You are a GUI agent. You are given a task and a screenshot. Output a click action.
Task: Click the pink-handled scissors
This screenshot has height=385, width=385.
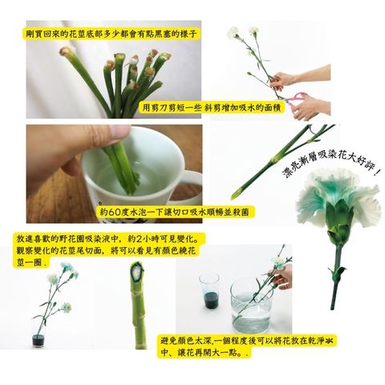296,101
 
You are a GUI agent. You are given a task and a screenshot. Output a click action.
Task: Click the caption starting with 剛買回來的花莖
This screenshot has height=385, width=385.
110,34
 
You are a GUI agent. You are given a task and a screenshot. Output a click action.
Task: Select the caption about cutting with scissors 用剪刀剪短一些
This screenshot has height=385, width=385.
211,107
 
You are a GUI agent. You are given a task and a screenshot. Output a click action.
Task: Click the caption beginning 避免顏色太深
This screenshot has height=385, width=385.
246,346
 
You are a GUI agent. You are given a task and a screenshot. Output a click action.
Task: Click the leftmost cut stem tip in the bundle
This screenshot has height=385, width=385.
66,51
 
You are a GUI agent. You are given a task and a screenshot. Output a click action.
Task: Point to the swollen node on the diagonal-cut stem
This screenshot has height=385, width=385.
274,160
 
